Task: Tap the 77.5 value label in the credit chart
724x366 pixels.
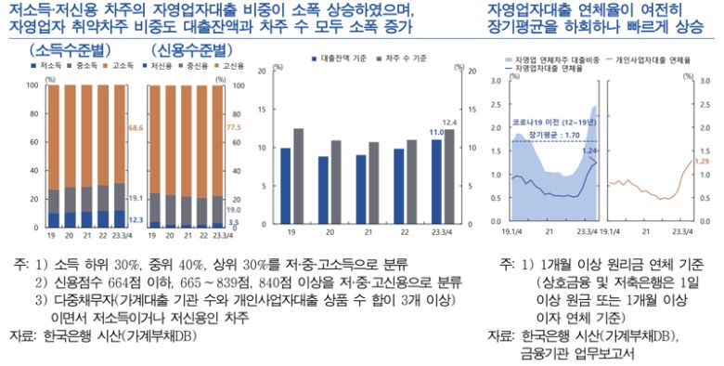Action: (x=233, y=127)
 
